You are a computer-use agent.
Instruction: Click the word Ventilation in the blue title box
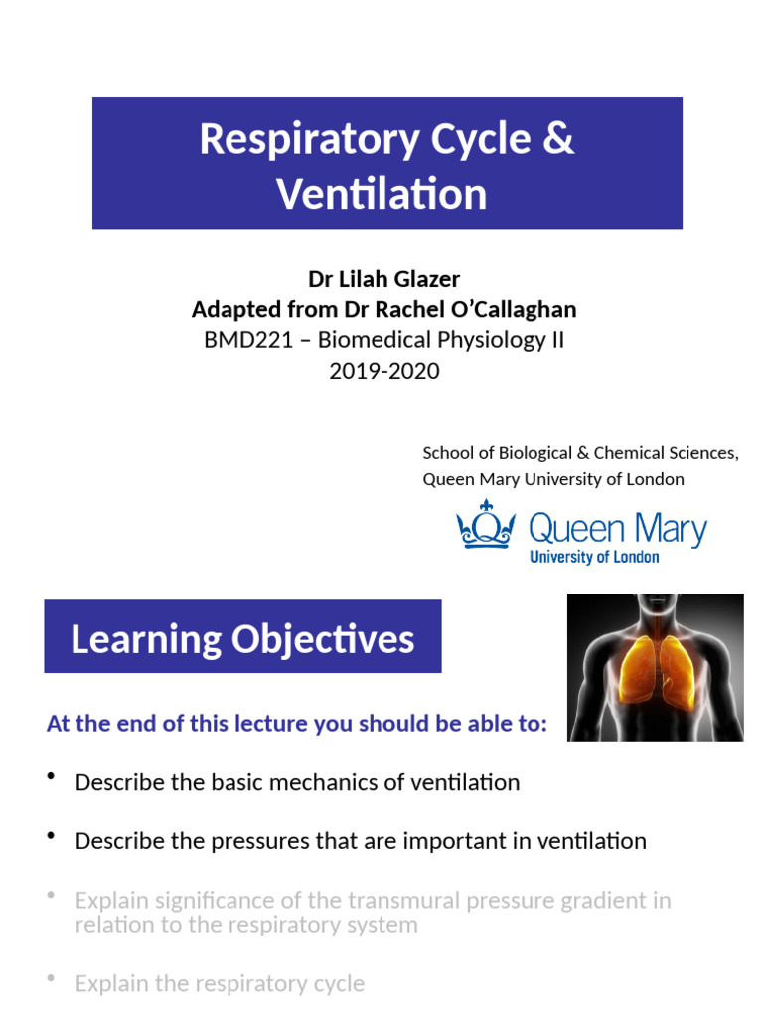[382, 194]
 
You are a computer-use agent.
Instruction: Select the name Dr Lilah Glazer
[383, 279]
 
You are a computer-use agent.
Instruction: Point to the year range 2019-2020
[383, 371]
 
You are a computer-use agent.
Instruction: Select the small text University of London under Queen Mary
[594, 557]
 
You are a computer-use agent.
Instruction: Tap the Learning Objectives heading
[242, 639]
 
